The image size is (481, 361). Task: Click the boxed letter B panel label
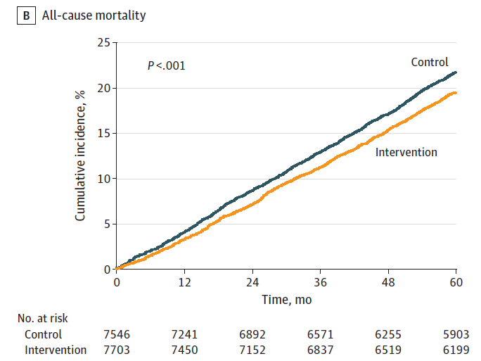click(27, 15)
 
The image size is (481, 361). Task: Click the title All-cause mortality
click(94, 15)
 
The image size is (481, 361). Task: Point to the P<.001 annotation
click(167, 65)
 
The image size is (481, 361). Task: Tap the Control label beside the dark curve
click(430, 62)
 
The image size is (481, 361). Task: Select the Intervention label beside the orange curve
click(406, 152)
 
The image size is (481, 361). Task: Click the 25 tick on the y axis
click(103, 42)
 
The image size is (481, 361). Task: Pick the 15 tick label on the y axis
click(103, 133)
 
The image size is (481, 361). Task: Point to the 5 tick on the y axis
click(107, 224)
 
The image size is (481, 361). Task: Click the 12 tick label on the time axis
click(185, 282)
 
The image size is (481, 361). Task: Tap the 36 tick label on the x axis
click(320, 282)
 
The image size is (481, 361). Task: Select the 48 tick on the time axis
click(388, 282)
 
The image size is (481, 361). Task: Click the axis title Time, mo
click(286, 300)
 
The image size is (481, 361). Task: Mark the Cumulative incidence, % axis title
click(80, 156)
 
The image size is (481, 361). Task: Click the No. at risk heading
click(43, 318)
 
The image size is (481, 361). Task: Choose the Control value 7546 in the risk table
click(117, 334)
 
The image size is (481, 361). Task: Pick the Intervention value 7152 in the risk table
click(252, 350)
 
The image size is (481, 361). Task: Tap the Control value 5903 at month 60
click(456, 334)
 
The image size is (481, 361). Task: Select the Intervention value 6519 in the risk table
click(388, 350)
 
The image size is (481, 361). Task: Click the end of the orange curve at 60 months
click(456, 93)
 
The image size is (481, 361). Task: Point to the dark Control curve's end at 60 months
click(456, 72)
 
